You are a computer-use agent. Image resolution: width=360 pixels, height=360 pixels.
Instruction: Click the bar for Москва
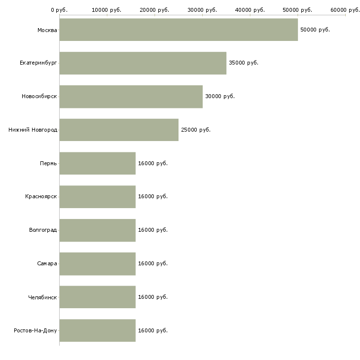point(179,30)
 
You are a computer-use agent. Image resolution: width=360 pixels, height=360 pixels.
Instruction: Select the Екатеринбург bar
point(143,63)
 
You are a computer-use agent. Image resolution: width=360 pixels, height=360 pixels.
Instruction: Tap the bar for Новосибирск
point(131,96)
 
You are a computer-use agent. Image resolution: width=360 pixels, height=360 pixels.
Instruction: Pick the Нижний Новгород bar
point(119,130)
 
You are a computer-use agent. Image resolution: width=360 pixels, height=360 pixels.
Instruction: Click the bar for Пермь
point(98,163)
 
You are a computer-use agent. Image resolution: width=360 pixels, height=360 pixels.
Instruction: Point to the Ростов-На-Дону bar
point(98,330)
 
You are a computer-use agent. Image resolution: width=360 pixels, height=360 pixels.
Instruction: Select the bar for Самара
point(98,263)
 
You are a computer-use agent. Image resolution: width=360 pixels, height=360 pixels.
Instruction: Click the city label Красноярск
point(41,196)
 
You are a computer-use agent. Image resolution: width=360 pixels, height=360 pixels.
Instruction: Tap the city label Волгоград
point(43,230)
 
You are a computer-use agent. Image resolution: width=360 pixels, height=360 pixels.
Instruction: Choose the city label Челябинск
point(42,297)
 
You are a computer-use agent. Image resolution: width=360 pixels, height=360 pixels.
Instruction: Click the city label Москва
point(47,30)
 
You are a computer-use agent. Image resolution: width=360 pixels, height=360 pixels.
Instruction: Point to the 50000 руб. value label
point(315,30)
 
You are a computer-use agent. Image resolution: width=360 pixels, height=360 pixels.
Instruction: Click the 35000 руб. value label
point(244,63)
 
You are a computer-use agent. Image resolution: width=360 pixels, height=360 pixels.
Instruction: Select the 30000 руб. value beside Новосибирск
point(220,96)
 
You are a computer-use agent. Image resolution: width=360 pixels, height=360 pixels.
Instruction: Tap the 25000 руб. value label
point(196,130)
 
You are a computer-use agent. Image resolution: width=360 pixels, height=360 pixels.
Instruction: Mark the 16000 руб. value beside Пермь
point(153,163)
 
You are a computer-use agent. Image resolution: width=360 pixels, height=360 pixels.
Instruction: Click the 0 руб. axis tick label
point(59,10)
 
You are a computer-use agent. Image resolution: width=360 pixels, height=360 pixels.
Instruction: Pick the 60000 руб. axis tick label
point(345,10)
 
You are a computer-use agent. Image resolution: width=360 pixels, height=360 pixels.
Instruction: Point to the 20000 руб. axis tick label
point(154,10)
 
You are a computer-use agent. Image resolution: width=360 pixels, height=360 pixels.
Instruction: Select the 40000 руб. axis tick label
point(250,10)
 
